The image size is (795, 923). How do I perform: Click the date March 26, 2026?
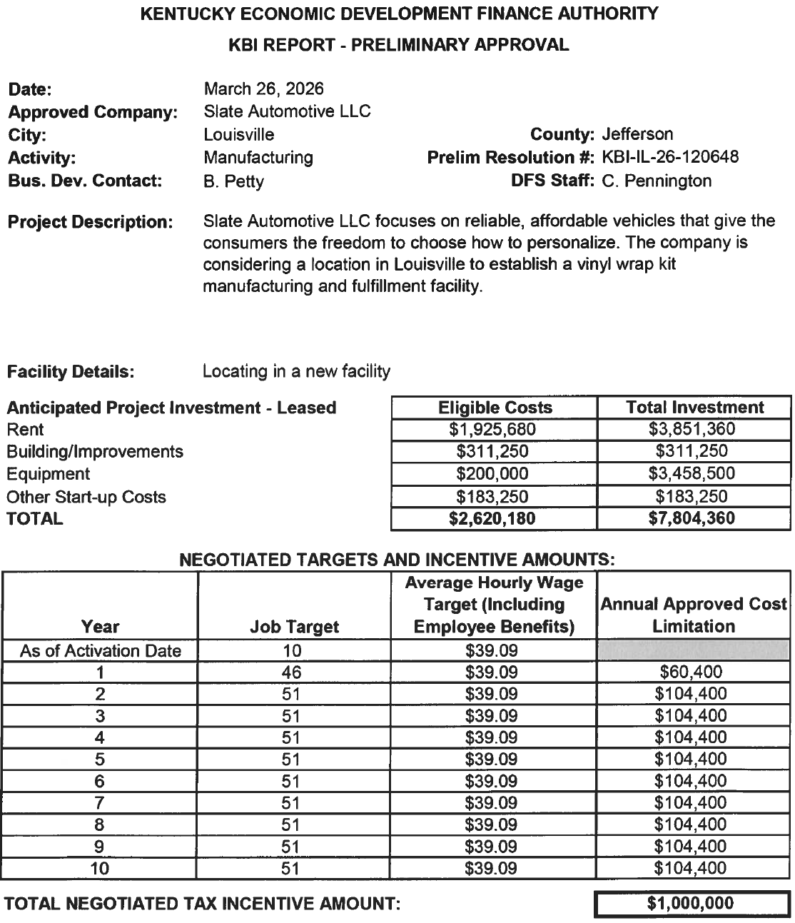(x=263, y=89)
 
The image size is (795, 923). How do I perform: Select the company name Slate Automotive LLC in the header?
(x=287, y=111)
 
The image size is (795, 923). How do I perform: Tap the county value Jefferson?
(x=637, y=134)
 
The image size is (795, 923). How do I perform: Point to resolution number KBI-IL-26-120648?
(x=670, y=157)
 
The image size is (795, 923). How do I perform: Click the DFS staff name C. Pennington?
(x=657, y=181)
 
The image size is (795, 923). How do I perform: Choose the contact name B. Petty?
(x=233, y=181)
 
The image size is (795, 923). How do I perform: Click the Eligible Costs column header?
(x=495, y=408)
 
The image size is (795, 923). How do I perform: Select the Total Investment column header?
(x=694, y=408)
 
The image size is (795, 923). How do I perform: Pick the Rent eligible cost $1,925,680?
(x=495, y=430)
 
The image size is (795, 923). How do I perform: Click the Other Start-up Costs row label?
(x=86, y=497)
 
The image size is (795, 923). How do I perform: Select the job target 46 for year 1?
(x=291, y=672)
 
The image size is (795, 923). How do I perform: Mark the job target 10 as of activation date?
(x=291, y=650)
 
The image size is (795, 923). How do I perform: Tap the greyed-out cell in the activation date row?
(x=692, y=650)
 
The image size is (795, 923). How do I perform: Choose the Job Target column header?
(x=294, y=627)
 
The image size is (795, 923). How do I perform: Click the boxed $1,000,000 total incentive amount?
(x=690, y=904)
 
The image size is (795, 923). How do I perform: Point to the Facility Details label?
(x=70, y=372)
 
